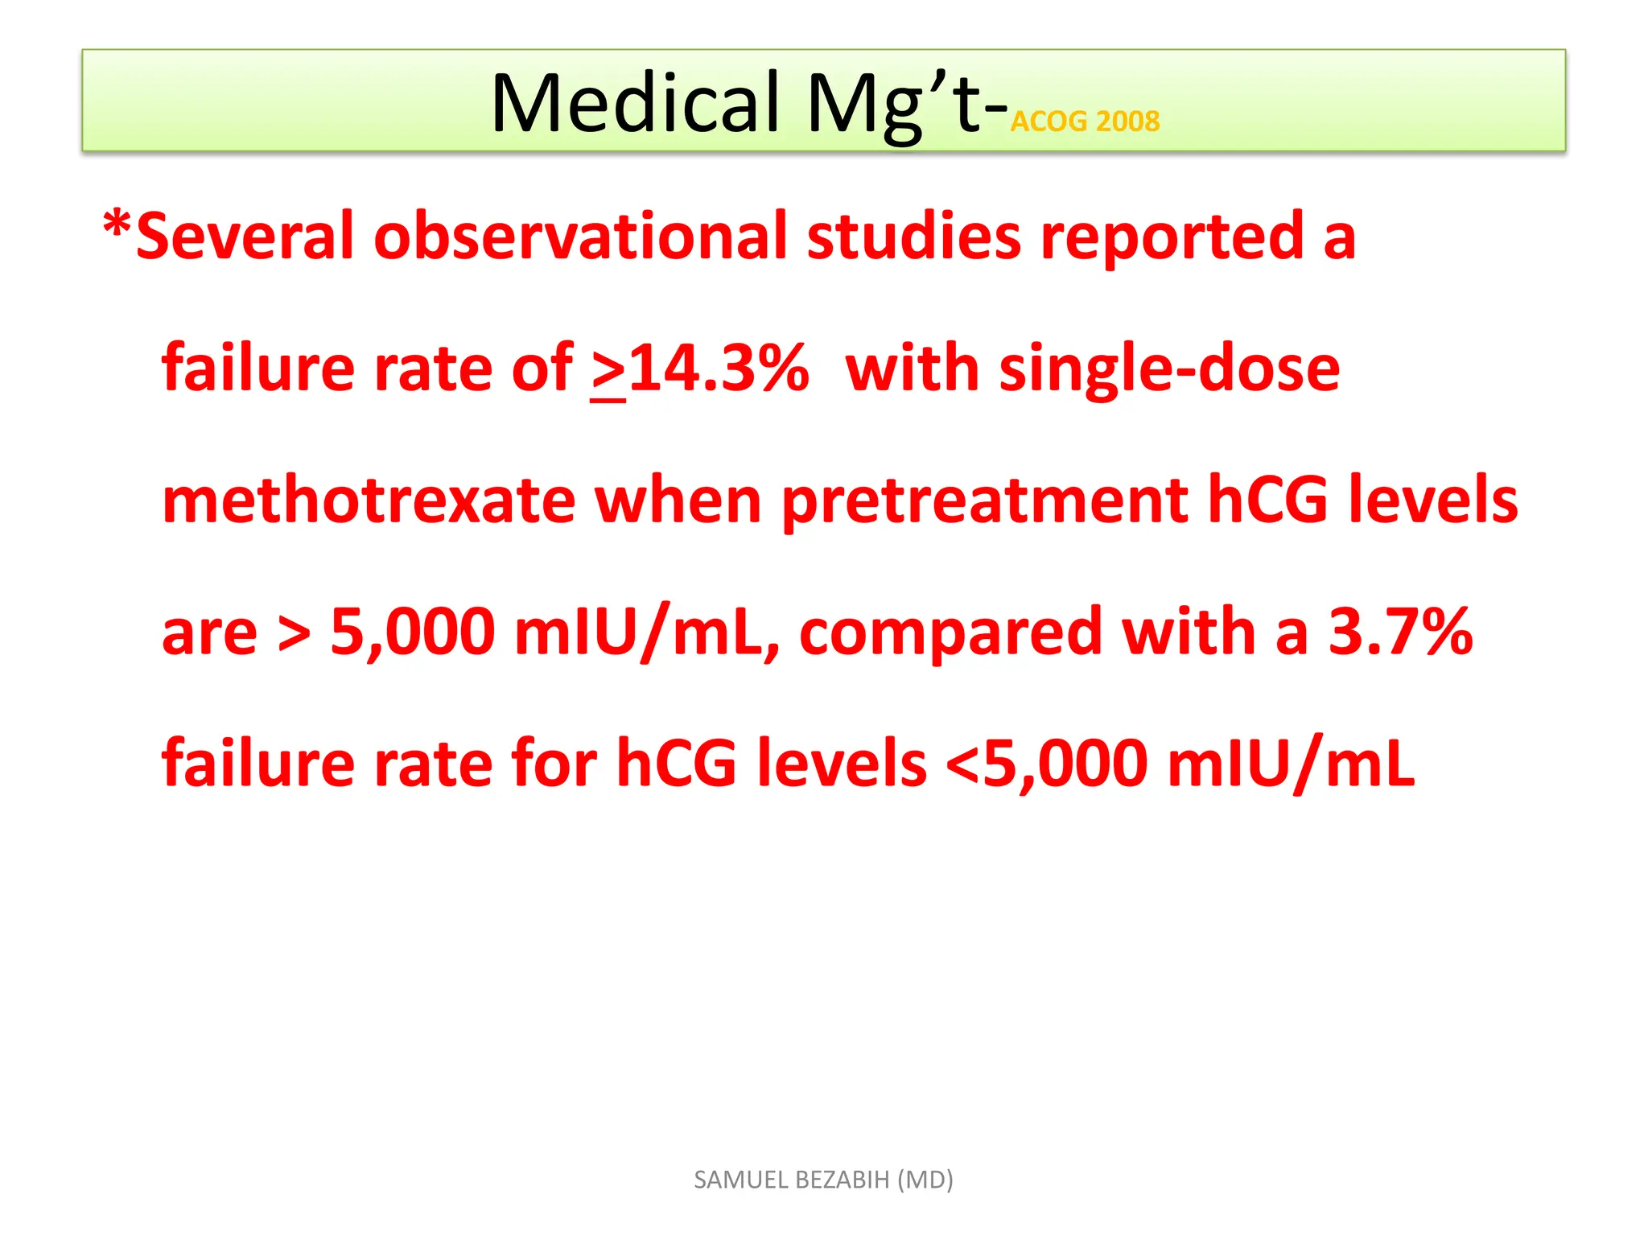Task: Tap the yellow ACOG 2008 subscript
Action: pos(1084,122)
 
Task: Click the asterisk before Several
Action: pos(117,225)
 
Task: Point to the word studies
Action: pos(913,237)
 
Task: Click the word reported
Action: pos(1171,237)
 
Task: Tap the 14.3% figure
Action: pos(718,369)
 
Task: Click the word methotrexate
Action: pos(369,501)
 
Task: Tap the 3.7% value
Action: pos(1399,632)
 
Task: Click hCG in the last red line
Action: pos(676,763)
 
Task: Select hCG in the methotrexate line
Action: pos(1267,501)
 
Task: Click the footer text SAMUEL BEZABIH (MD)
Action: pos(823,1180)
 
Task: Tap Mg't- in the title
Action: pos(906,105)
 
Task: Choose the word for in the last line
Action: pos(554,763)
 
